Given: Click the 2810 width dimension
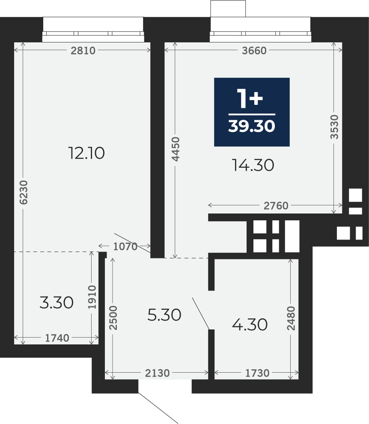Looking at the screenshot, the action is (x=83, y=50).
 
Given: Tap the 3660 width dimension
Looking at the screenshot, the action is (x=254, y=50).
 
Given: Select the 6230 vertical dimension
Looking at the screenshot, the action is (x=24, y=192).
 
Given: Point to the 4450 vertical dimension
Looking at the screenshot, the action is (x=176, y=149).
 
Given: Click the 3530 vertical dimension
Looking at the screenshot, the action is (x=334, y=127).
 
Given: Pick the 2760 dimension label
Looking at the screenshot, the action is (x=276, y=206).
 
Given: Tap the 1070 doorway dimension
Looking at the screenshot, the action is (x=125, y=246).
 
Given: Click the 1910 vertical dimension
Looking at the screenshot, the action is (x=92, y=297).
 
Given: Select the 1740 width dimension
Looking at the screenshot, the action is (x=57, y=338).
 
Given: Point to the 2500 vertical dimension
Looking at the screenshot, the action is (x=113, y=318).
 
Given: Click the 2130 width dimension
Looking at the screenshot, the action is (x=158, y=373).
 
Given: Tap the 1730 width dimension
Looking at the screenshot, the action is (x=257, y=373).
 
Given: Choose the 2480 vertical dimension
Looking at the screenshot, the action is (x=291, y=318).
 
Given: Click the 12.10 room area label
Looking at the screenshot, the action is (x=86, y=153).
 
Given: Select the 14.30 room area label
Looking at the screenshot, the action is (x=253, y=165).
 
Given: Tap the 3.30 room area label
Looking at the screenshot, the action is (x=57, y=302).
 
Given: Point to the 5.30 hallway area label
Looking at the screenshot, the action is (x=164, y=315).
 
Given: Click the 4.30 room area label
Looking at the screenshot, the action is (x=250, y=324).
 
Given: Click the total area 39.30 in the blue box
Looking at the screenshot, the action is (x=252, y=126).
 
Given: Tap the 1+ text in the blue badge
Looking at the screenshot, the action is (x=250, y=98).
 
